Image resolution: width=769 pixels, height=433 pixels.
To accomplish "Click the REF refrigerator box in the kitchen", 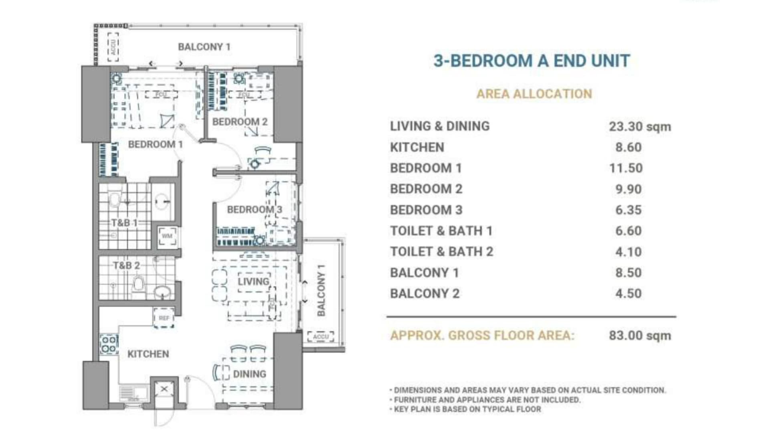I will (164, 318).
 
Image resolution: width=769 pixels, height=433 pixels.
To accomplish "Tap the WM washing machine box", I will (167, 236).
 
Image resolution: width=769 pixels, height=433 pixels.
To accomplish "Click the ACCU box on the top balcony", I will (113, 47).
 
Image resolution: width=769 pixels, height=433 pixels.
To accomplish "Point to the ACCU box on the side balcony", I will (320, 336).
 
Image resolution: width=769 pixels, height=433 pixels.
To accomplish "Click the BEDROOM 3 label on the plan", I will (254, 209).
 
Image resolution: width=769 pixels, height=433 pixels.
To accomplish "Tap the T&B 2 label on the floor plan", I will (126, 265).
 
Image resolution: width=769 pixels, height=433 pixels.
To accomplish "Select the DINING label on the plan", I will (249, 374).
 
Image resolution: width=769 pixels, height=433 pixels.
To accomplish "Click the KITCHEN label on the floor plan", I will (148, 354).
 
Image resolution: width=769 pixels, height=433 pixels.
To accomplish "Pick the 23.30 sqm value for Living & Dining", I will (640, 126).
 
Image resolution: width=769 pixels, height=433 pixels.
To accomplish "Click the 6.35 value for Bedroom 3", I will (628, 210).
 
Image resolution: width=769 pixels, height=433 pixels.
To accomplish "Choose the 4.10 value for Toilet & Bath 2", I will (628, 252).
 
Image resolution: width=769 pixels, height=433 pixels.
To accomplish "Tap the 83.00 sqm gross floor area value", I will (640, 335).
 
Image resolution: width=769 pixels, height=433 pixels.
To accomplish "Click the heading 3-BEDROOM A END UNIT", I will (531, 61).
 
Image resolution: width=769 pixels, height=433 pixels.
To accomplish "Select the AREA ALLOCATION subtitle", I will (534, 94).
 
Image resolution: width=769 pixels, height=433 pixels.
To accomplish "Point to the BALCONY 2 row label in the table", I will (425, 293).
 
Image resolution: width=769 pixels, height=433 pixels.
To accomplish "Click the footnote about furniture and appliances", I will (487, 400).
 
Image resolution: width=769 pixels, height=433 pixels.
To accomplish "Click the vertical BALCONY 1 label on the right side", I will (321, 290).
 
